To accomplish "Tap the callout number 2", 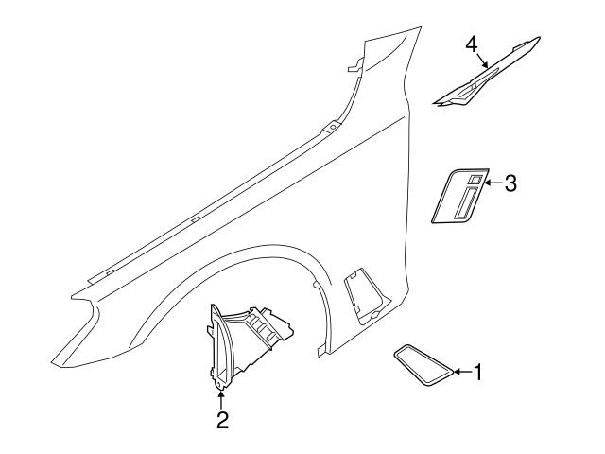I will (x=222, y=419).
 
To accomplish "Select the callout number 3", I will (x=510, y=183).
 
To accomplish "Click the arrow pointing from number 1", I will (x=460, y=373).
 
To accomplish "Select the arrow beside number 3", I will (x=492, y=183).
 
